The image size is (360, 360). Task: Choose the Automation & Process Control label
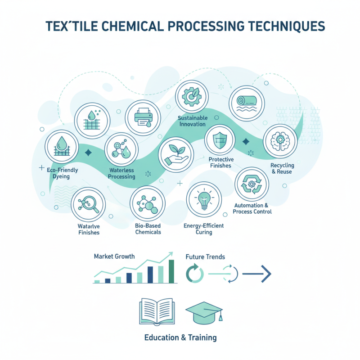point(253,208)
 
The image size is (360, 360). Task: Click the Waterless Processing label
point(122,174)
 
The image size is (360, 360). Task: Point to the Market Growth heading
point(114,256)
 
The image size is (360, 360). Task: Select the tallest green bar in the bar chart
point(171,271)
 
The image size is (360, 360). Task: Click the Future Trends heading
point(205,257)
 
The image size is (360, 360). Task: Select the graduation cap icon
point(204,312)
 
